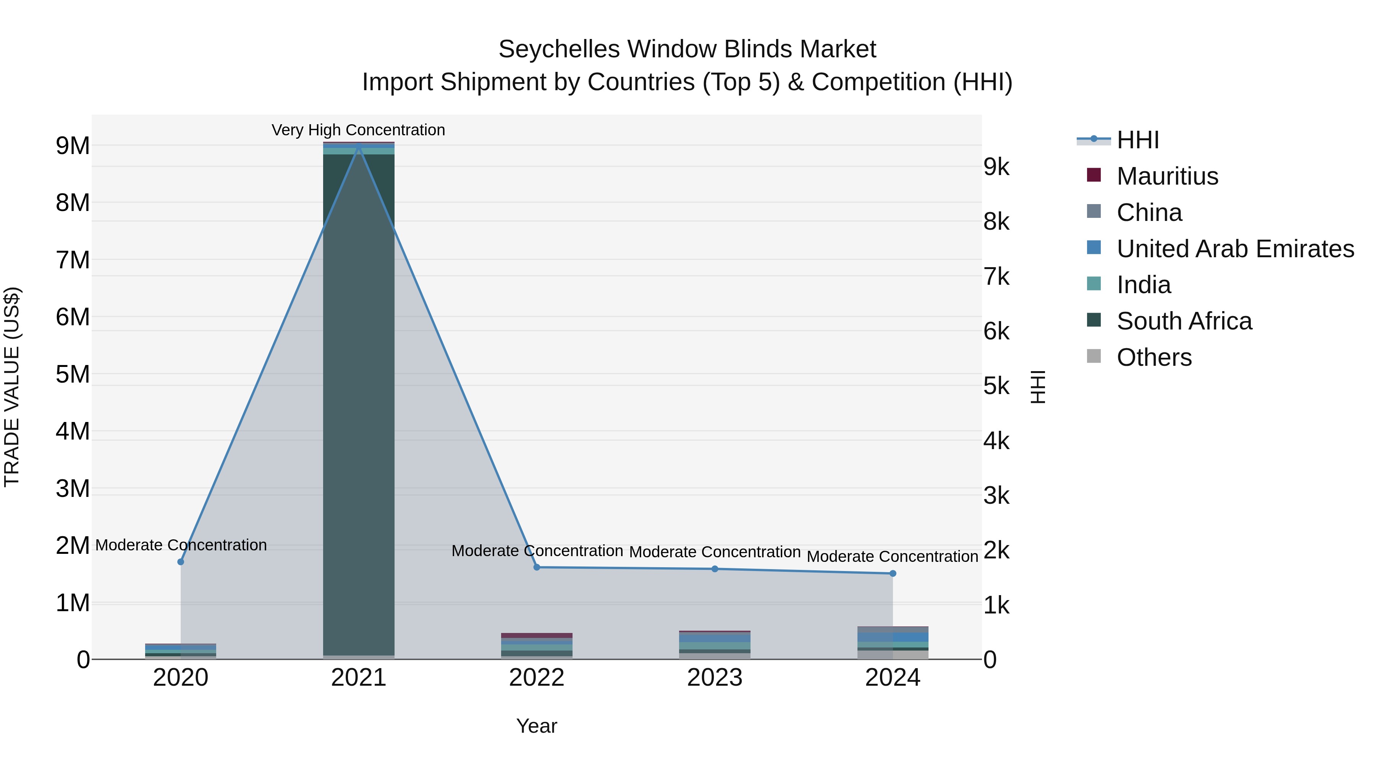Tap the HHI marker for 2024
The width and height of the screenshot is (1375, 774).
pos(893,573)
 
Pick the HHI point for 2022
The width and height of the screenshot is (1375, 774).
pos(537,567)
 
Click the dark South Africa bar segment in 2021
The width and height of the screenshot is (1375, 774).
pos(358,401)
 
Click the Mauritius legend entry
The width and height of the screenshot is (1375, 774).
pos(1167,176)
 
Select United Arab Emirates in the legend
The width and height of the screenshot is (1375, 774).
pos(1234,249)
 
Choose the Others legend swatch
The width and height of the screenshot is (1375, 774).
pos(1094,356)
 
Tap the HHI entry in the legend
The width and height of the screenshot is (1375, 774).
pos(1137,140)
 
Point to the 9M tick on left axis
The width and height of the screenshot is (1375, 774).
pos(73,146)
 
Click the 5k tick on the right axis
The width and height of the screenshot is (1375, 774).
pos(996,386)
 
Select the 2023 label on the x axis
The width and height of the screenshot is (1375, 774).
pos(714,678)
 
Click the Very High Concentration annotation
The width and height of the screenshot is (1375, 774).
pos(358,130)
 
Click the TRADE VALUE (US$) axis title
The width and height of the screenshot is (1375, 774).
pos(12,387)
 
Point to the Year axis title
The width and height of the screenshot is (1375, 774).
pos(537,726)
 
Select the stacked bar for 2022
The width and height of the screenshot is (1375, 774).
pos(537,646)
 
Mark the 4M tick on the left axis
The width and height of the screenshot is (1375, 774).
pos(73,432)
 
